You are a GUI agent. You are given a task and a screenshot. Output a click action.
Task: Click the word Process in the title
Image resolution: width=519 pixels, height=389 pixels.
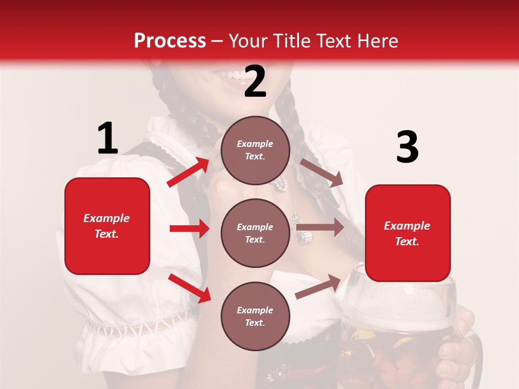click(x=170, y=41)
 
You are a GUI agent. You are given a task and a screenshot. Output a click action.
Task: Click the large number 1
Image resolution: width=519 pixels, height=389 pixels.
click(x=108, y=139)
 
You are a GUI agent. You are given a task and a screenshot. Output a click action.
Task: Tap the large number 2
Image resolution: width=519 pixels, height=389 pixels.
click(x=255, y=82)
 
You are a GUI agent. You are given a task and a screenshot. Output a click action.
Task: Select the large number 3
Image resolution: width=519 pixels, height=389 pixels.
click(x=407, y=147)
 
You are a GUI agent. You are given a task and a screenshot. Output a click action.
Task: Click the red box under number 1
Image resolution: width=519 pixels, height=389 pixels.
click(x=107, y=226)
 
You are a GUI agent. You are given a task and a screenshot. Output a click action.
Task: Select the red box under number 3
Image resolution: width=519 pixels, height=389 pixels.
click(x=408, y=233)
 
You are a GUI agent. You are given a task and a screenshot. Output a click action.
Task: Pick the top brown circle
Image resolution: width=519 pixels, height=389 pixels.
click(x=255, y=150)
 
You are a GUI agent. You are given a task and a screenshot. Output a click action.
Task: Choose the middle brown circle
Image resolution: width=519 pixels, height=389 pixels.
click(x=255, y=233)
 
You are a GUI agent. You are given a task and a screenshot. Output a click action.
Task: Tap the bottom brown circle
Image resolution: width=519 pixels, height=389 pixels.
click(x=255, y=316)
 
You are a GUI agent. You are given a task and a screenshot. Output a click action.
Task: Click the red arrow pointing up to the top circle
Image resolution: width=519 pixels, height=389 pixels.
click(x=189, y=172)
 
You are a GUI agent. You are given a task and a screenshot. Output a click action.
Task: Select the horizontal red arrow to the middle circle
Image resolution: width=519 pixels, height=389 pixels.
click(x=189, y=229)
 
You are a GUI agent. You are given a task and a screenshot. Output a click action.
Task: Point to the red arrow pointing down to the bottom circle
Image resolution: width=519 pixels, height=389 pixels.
click(x=190, y=288)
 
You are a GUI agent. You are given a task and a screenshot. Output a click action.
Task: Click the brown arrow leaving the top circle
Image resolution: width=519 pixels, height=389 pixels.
click(x=321, y=172)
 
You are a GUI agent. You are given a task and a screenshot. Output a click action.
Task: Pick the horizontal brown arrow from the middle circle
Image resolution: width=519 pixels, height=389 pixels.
click(x=320, y=227)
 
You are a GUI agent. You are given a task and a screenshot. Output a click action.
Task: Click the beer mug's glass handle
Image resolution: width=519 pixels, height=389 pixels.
click(x=476, y=357)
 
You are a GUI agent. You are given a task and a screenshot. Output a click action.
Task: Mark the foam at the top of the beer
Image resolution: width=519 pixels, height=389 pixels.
click(x=400, y=308)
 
